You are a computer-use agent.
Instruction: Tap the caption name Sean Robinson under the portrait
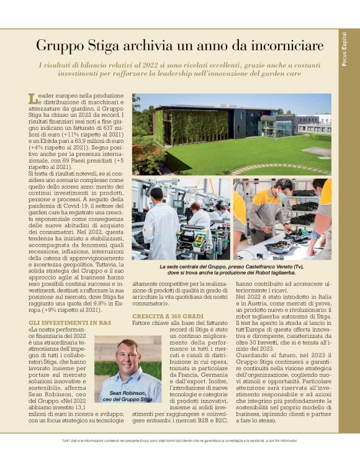[127, 394]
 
